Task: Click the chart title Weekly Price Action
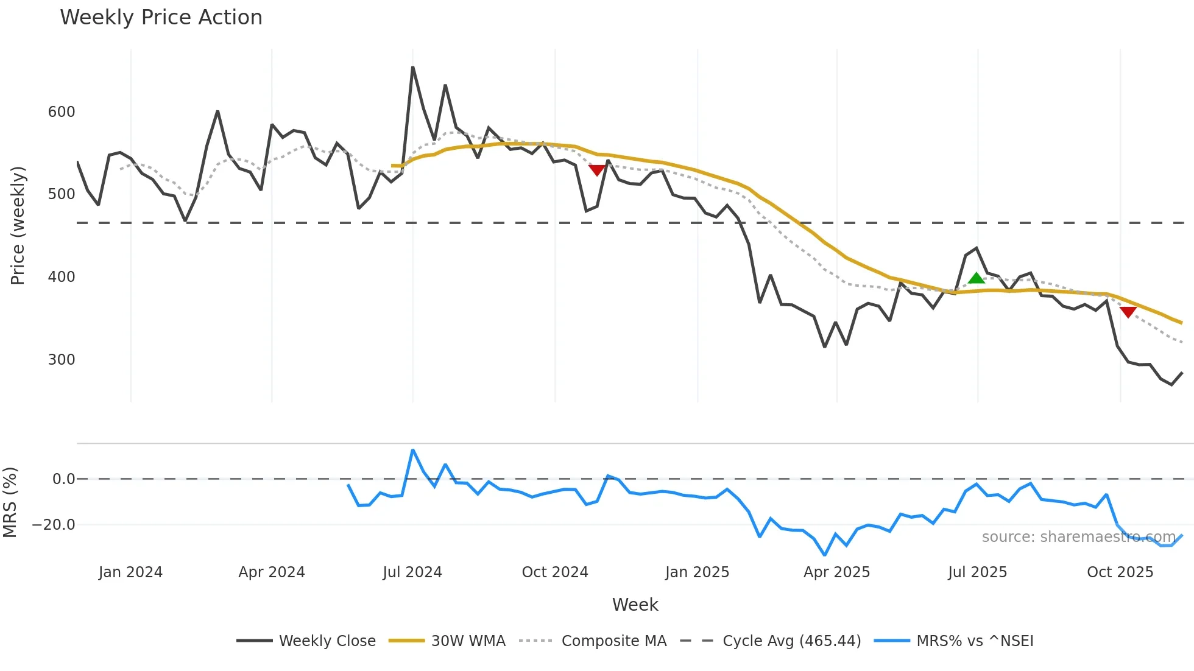coord(161,18)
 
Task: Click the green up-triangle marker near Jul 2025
coord(977,278)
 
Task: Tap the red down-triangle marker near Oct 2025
coord(1128,312)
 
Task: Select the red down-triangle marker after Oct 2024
coord(597,170)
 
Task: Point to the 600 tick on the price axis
coord(62,112)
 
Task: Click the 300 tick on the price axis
coord(62,359)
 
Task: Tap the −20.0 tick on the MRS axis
coord(54,525)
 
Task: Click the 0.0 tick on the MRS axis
coord(63,479)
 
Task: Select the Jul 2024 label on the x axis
coord(412,572)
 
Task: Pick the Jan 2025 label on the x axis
coord(697,572)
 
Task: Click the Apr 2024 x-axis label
coord(272,572)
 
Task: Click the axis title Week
coord(635,605)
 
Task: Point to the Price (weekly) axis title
coord(18,225)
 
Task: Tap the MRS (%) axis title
coord(10,502)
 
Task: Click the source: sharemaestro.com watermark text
coord(1078,537)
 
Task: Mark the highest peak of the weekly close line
coord(413,68)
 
